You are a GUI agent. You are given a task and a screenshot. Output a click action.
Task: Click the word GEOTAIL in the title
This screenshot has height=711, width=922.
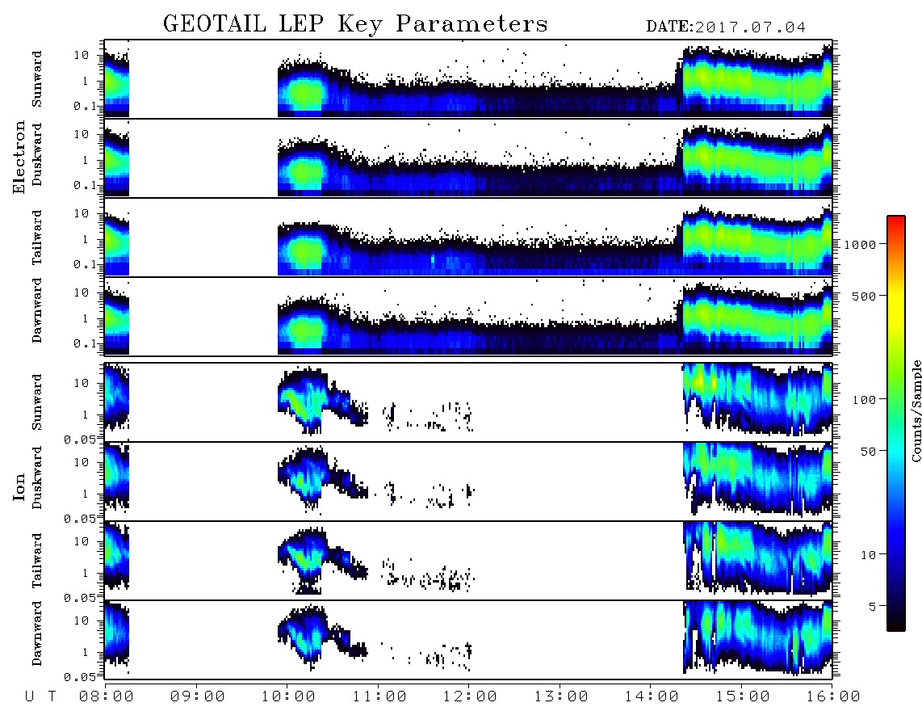[x=214, y=23]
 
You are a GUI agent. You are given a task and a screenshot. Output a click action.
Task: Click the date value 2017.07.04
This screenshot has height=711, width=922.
[x=750, y=27]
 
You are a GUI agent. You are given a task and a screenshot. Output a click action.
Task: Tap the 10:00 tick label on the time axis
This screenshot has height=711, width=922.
[x=288, y=696]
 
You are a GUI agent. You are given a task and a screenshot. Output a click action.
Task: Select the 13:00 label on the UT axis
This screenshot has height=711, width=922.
[x=561, y=696]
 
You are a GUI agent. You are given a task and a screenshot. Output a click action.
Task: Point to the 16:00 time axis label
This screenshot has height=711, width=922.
[x=833, y=696]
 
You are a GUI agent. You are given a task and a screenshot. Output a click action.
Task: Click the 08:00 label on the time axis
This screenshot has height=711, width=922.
[x=107, y=696]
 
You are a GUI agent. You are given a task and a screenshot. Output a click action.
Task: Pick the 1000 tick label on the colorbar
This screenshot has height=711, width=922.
[x=860, y=244]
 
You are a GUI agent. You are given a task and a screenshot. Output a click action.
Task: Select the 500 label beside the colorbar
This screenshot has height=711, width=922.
[x=864, y=296]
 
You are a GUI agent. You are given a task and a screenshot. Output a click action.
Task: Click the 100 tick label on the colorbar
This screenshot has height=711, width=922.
[x=864, y=400]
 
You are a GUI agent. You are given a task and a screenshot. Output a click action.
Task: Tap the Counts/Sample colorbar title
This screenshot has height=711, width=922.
[x=916, y=410]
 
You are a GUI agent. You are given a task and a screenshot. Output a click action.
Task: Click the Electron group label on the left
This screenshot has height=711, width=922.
[x=19, y=157]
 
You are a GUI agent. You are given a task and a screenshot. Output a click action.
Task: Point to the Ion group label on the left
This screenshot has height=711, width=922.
[x=19, y=486]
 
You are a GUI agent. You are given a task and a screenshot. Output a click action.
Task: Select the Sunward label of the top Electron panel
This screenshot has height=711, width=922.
[x=37, y=79]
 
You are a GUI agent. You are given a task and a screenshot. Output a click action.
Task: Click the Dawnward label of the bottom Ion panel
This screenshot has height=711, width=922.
[x=37, y=633]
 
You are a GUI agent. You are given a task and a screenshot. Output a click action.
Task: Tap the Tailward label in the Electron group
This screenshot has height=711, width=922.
[x=37, y=237]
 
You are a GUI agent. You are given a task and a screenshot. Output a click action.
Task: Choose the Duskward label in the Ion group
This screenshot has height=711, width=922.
[x=37, y=478]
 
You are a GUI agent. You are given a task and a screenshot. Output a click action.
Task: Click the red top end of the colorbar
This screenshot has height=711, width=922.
[x=896, y=218]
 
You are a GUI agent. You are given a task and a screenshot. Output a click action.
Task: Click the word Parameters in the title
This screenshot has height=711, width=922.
[x=471, y=23]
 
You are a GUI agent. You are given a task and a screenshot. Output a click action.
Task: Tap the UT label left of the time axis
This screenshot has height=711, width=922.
[x=40, y=696]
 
